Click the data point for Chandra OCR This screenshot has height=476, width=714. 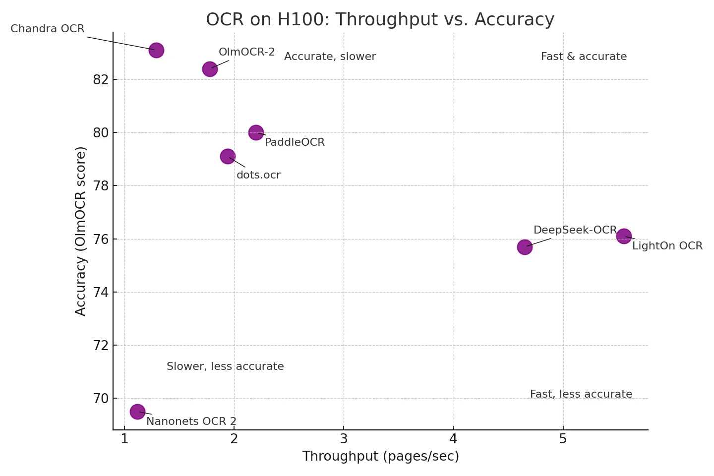coord(156,50)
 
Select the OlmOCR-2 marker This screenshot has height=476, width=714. coord(210,69)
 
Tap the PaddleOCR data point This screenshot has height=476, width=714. coord(256,132)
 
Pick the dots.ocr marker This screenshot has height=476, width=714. coord(228,156)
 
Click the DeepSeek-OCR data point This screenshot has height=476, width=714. coord(525,247)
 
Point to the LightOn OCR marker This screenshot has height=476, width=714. coord(624,236)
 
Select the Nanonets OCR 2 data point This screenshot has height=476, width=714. coord(137,412)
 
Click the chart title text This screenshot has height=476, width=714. coord(380,20)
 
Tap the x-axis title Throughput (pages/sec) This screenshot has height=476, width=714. coord(380,456)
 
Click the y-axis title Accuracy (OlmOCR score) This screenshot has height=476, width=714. coord(81,231)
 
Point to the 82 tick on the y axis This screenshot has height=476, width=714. coord(101,80)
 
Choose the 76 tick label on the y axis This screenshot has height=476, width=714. coord(101,239)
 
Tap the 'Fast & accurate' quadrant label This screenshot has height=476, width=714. coord(584,57)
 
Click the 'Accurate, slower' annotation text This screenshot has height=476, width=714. coord(330,57)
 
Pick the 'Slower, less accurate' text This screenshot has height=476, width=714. coord(225,366)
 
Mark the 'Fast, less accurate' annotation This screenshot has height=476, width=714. coord(581,394)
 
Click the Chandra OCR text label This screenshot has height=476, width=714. coord(48,29)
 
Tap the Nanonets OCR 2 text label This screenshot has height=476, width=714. coord(191,421)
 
